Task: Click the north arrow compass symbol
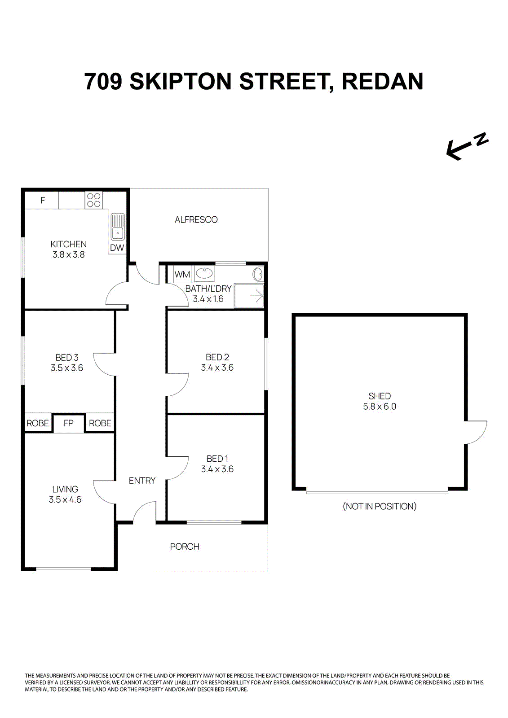coord(466,146)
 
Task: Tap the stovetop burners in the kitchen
coord(94,200)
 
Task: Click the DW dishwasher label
coord(117,248)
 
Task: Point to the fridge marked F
coord(43,200)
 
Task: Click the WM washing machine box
coord(182,274)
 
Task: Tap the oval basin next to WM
coord(204,273)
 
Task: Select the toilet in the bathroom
coord(258,273)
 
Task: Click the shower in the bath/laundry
coord(249,296)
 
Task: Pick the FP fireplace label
coord(68,423)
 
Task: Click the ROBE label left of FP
coord(38,423)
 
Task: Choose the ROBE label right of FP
coord(100,423)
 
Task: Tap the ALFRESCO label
coord(196,219)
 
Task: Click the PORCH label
coord(185,547)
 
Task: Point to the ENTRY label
coord(142,481)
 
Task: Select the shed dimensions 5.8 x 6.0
coord(380,407)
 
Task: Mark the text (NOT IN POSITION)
coord(380,506)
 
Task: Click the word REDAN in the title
coord(382,81)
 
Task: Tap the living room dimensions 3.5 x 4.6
coord(65,499)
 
